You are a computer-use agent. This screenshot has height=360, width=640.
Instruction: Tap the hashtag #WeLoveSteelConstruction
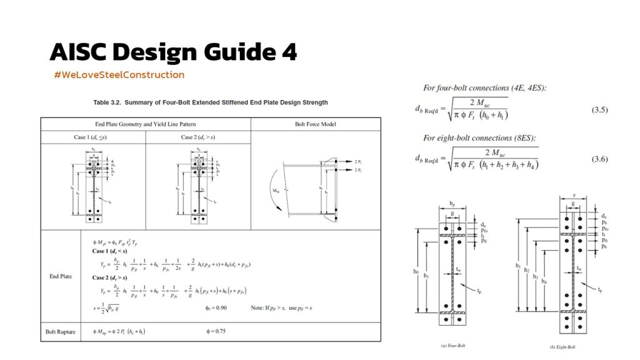click(119, 75)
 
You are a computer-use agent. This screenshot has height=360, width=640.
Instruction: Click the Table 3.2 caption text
click(210, 102)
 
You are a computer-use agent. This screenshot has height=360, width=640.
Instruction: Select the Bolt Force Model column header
click(314, 124)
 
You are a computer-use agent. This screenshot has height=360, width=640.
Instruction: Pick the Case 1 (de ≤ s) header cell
click(92, 137)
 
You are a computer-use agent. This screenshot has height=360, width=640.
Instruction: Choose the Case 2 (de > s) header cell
click(197, 137)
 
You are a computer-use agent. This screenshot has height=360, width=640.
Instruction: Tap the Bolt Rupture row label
click(61, 331)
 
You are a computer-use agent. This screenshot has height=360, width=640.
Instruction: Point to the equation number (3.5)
click(599, 110)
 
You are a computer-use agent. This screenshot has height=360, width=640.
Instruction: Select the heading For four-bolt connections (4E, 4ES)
click(485, 88)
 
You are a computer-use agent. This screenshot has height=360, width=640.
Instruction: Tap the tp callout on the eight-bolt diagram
click(600, 289)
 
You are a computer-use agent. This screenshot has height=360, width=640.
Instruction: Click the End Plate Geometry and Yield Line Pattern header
click(145, 124)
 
